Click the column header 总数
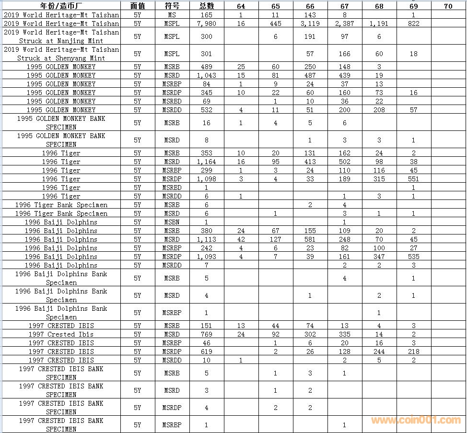[x=206, y=6]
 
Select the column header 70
[x=448, y=6]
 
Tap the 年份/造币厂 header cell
[x=61, y=6]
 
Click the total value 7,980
[x=206, y=23]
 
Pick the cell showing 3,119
[x=310, y=23]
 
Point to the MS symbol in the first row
[x=172, y=15]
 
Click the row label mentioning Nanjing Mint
[x=61, y=36]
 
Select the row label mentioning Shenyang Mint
[x=61, y=54]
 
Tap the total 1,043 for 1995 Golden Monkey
[x=206, y=75]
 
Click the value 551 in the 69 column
[x=413, y=179]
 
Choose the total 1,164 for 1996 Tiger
[x=206, y=162]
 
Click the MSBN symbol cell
[x=172, y=222]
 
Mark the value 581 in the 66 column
[x=310, y=239]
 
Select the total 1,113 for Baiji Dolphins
[x=206, y=239]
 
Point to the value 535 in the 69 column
[x=413, y=257]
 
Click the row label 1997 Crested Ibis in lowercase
[x=61, y=334]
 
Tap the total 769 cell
[x=206, y=334]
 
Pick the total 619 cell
[x=206, y=351]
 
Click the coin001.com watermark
[x=416, y=420]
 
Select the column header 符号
[x=172, y=6]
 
